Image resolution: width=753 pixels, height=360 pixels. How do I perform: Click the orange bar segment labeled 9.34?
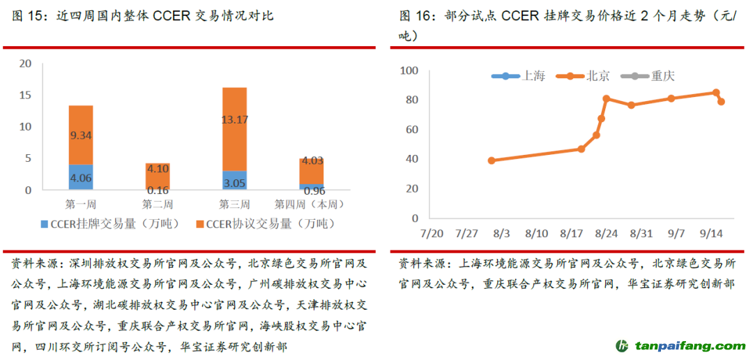[81, 135]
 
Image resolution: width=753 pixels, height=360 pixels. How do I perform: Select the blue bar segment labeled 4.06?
[81, 177]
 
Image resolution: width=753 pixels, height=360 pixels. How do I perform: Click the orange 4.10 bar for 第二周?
[158, 177]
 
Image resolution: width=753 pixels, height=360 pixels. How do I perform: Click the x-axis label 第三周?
[234, 205]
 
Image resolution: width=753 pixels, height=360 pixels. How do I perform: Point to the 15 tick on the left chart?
[26, 95]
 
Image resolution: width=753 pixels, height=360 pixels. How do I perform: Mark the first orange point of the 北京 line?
[492, 160]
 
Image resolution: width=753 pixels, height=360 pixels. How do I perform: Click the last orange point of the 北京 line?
[722, 102]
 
